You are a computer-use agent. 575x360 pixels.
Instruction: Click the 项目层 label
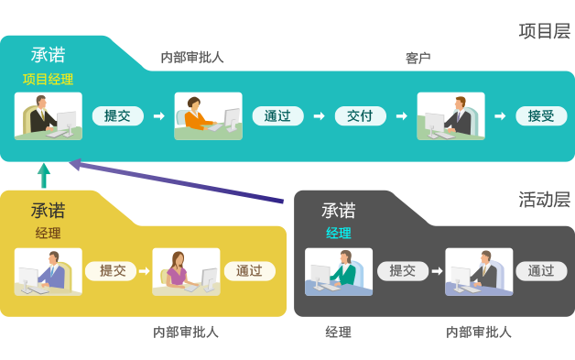tap(544, 31)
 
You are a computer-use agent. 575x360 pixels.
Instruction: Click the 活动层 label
tap(544, 199)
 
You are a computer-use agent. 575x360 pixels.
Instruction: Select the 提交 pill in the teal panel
tap(118, 115)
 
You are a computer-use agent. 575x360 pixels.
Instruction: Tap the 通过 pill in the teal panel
tap(277, 116)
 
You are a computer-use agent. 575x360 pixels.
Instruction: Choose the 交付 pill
tap(360, 116)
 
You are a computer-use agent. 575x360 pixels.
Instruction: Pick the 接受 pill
tap(540, 116)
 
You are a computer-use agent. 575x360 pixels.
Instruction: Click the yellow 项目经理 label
tap(48, 79)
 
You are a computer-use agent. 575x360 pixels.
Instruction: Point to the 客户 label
tap(418, 58)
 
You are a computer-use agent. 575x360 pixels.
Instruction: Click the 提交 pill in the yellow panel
tap(113, 271)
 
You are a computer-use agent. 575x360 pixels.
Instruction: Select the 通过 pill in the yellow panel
tap(248, 271)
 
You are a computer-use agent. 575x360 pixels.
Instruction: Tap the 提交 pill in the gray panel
tap(402, 271)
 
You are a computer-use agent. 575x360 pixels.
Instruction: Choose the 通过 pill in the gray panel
tap(540, 271)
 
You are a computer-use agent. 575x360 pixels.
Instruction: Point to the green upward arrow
tap(42, 174)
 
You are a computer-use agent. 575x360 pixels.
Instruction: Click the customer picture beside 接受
tap(450, 115)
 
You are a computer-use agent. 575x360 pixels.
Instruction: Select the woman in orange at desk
tap(208, 115)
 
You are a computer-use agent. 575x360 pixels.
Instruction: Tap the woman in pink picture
tap(186, 271)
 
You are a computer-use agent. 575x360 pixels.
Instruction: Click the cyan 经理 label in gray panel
tap(338, 233)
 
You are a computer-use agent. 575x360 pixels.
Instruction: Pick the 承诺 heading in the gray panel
tap(338, 211)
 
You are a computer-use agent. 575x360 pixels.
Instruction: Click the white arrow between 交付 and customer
tap(401, 116)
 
